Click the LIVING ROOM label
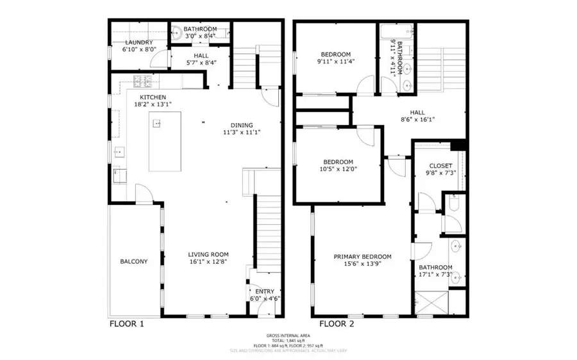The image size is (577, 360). tap(208, 254)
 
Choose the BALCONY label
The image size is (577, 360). tap(133, 261)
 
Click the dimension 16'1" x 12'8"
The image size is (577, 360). tap(208, 262)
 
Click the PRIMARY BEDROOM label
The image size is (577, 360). tap(362, 257)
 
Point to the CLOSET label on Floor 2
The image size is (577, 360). tap(440, 166)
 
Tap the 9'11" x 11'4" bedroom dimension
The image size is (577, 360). tap(337, 61)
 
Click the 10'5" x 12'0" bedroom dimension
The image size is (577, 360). tap(338, 169)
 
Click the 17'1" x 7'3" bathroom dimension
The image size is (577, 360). tap(435, 275)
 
